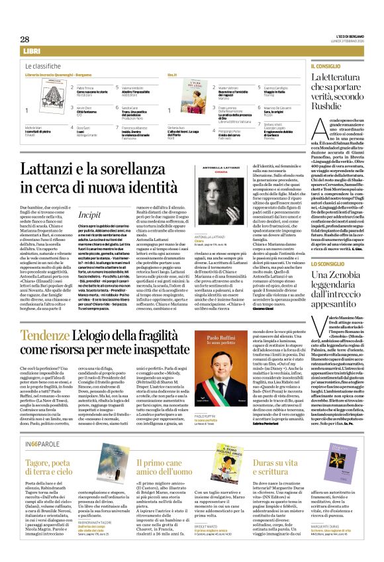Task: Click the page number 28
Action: point(24,39)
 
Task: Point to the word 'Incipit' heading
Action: point(89,196)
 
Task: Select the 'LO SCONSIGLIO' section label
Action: point(327,263)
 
